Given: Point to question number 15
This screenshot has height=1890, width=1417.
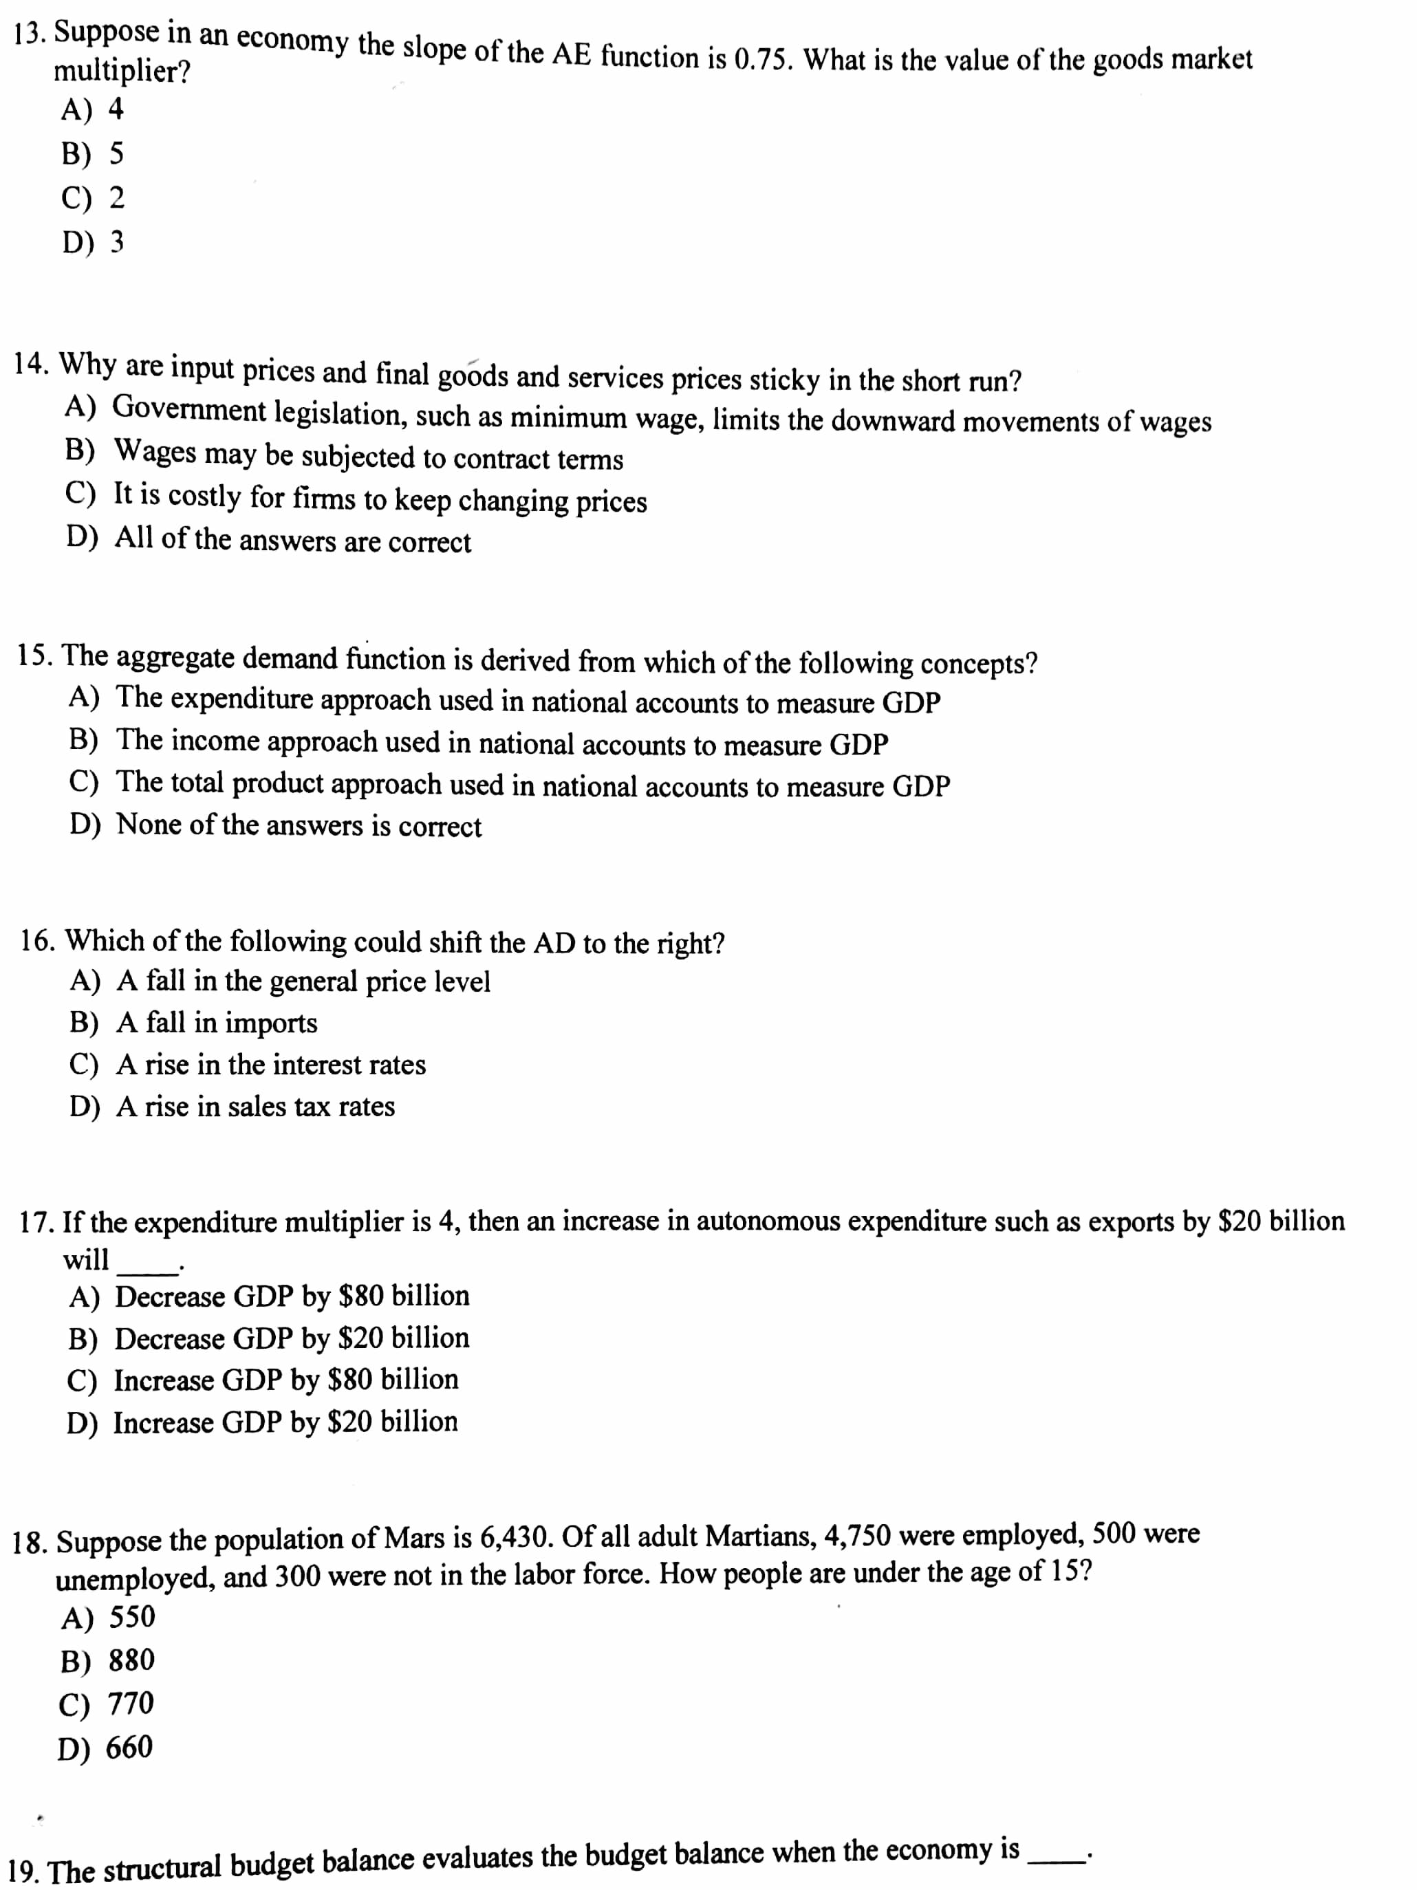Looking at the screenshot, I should [x=36, y=655].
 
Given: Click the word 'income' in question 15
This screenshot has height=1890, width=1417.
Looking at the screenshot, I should [x=215, y=741].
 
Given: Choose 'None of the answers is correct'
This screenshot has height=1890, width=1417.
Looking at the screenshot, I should [x=275, y=825].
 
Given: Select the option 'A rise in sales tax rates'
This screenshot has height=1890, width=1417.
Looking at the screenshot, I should [x=232, y=1107].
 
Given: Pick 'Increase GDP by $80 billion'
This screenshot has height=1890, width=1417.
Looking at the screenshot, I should [x=263, y=1380].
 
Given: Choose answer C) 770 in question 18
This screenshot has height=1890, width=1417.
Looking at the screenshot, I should [x=106, y=1703].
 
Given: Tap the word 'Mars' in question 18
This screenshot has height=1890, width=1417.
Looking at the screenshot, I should [x=413, y=1539].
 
